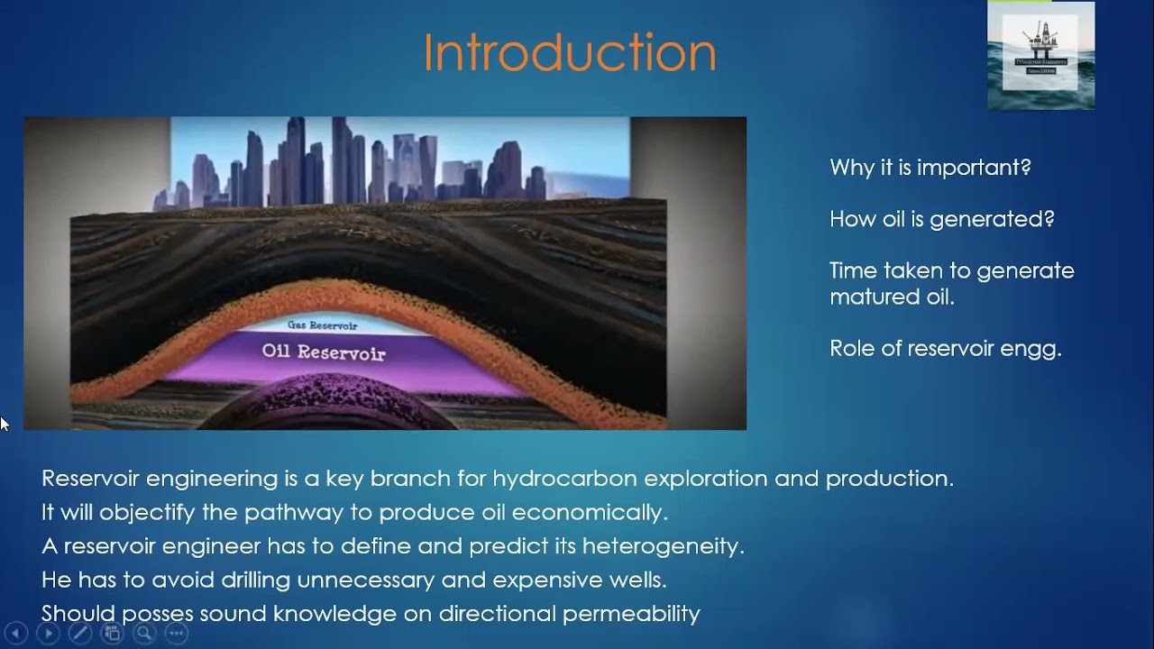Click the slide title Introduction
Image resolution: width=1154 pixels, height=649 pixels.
point(570,53)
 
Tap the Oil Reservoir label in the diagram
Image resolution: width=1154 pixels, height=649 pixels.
point(324,352)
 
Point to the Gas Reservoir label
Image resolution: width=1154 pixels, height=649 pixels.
point(322,325)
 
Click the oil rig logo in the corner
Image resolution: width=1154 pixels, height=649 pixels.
point(1040,55)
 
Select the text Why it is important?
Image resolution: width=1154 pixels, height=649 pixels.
point(930,168)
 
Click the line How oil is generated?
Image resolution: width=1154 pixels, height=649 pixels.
point(941,219)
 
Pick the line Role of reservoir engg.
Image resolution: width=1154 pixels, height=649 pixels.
point(945,349)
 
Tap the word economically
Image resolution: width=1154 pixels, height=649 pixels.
point(590,513)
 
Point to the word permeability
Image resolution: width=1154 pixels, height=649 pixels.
point(631,614)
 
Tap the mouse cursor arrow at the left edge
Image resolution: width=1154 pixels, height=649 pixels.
point(4,423)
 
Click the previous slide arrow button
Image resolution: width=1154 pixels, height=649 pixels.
point(15,633)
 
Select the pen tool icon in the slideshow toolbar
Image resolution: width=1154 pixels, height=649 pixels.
point(79,633)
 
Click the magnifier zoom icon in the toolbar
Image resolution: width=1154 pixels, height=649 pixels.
point(143,633)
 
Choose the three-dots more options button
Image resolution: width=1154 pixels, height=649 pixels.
point(176,633)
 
